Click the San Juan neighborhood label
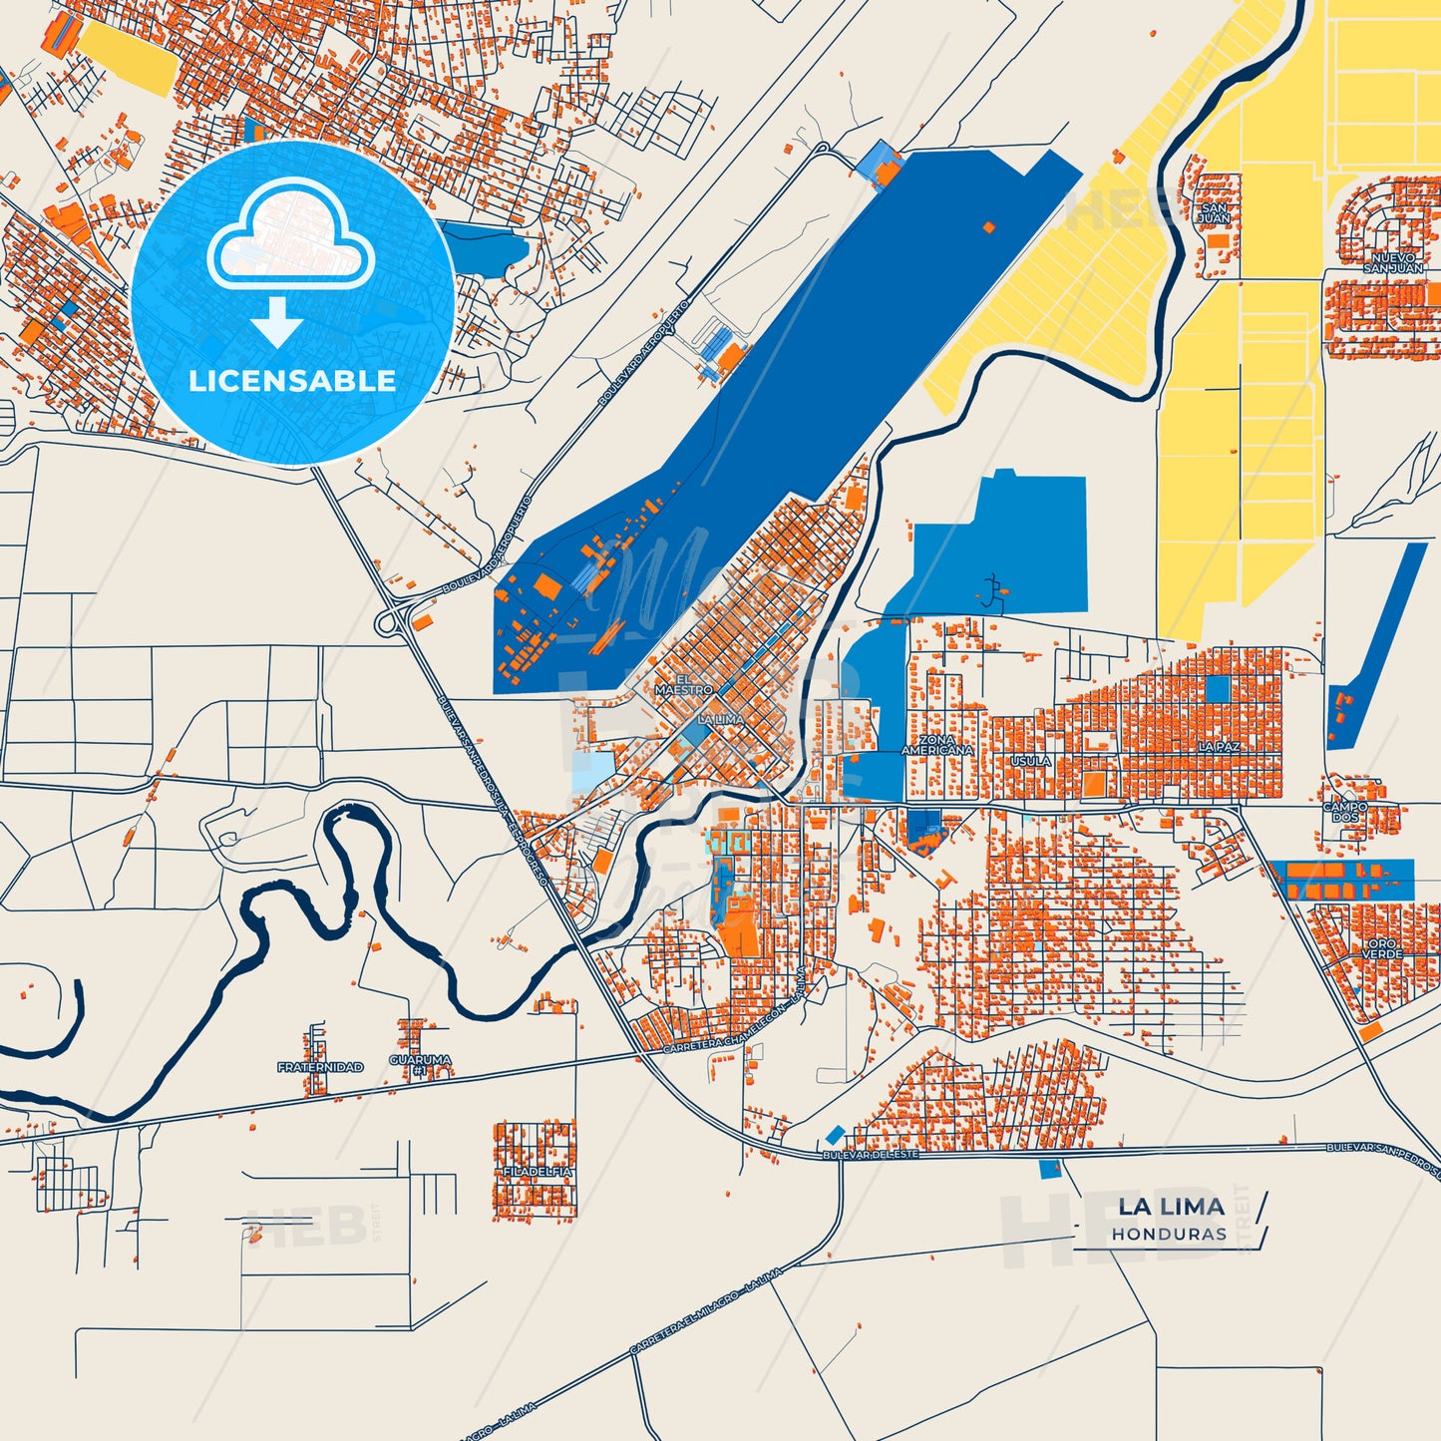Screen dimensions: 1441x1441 [x=1214, y=213]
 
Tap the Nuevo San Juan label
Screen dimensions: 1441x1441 [x=1393, y=263]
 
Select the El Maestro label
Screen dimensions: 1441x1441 [x=683, y=684]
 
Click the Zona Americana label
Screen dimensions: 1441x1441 [x=936, y=745]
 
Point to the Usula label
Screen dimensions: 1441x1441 [x=1031, y=761]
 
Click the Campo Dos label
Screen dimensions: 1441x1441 [x=1345, y=812]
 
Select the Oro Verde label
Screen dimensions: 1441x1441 [x=1382, y=948]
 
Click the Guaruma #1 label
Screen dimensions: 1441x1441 [x=420, y=1065]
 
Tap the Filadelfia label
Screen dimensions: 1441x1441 [x=538, y=1171]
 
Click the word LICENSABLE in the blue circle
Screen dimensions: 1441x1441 [x=292, y=381]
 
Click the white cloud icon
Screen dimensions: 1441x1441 [x=290, y=235]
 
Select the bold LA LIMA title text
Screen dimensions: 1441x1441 [x=1171, y=1207]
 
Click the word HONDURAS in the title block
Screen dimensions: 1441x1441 [x=1170, y=1234]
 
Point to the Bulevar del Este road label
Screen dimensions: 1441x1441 [x=869, y=1154]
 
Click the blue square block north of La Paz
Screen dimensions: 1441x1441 [x=1218, y=688]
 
